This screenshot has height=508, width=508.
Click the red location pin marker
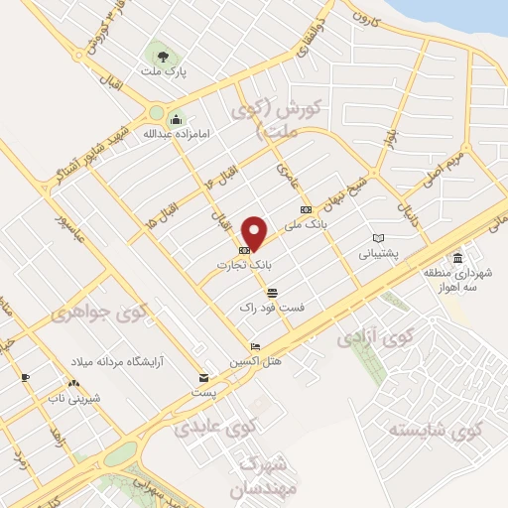[255, 233]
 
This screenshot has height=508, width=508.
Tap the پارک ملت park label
[163, 73]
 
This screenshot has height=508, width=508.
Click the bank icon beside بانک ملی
[306, 208]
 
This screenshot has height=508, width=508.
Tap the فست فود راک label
[273, 308]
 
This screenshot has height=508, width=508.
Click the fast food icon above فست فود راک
[272, 292]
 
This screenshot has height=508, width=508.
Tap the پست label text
[204, 394]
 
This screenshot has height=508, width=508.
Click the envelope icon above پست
[203, 378]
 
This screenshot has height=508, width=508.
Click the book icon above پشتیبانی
[377, 237]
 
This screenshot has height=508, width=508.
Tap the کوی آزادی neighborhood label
[373, 337]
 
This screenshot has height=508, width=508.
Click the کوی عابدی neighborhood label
[215, 428]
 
